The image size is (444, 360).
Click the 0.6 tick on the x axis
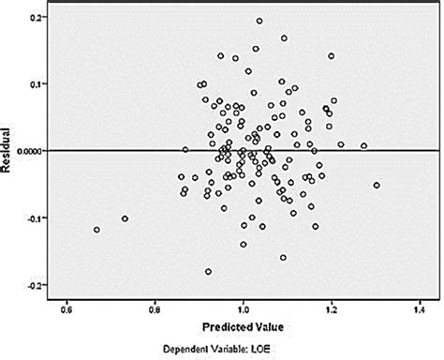67,307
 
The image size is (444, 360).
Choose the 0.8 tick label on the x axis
155,307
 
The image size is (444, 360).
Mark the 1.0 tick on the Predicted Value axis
243,307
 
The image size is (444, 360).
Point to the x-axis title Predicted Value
243,326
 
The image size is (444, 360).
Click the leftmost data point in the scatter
96,230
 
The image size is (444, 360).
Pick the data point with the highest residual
259,21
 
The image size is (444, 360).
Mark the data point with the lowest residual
208,272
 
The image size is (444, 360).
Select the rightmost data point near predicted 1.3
377,185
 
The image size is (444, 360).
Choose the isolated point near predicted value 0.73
125,218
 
